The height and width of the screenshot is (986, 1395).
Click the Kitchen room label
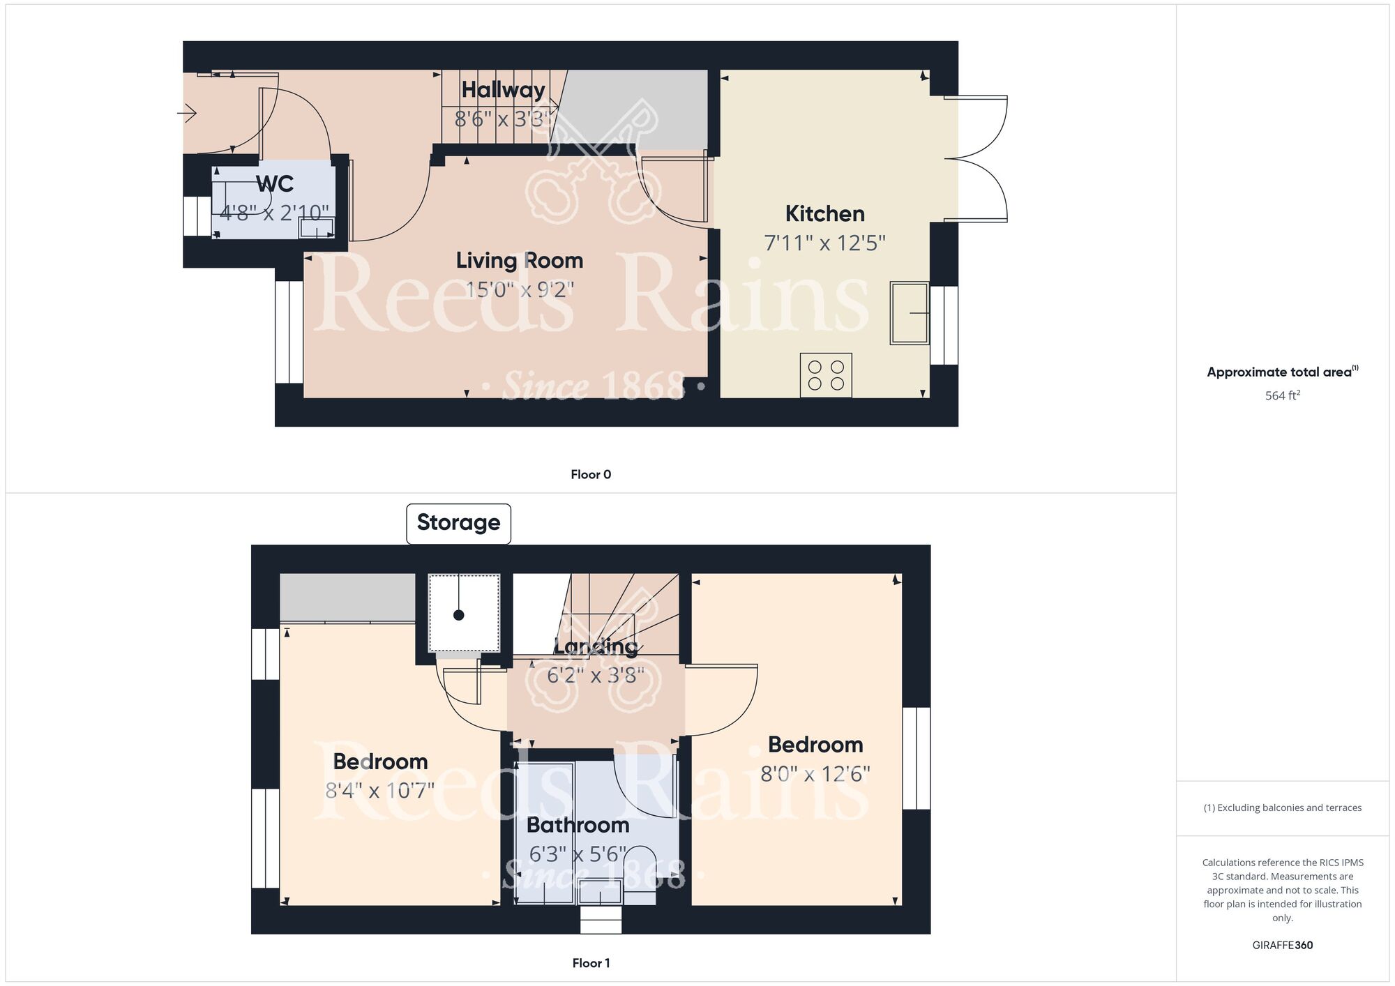[824, 213]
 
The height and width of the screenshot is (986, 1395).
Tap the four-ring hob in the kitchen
[826, 375]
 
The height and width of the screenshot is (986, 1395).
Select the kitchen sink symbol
[910, 313]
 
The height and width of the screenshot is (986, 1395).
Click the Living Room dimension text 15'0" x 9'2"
[520, 289]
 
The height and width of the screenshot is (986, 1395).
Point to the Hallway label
[503, 90]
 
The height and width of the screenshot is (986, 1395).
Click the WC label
[275, 184]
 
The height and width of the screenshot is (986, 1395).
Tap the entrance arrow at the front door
[188, 113]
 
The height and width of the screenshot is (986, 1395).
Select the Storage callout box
[458, 523]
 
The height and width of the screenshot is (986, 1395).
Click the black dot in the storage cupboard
[458, 615]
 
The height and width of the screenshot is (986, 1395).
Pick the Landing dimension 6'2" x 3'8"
[595, 675]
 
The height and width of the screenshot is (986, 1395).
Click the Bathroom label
[578, 825]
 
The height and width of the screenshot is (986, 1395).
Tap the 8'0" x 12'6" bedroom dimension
[815, 774]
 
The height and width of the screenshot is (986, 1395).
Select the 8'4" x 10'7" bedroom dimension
[380, 791]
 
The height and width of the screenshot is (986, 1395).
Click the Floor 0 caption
[591, 475]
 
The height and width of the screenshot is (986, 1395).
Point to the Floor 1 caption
[591, 963]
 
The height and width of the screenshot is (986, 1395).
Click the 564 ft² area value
[1283, 395]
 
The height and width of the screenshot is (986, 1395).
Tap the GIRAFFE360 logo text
[1283, 946]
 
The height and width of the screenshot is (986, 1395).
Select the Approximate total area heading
[1283, 372]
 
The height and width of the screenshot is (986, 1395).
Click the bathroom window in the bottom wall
[601, 920]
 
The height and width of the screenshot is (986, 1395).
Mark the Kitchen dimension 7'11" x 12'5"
[825, 243]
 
